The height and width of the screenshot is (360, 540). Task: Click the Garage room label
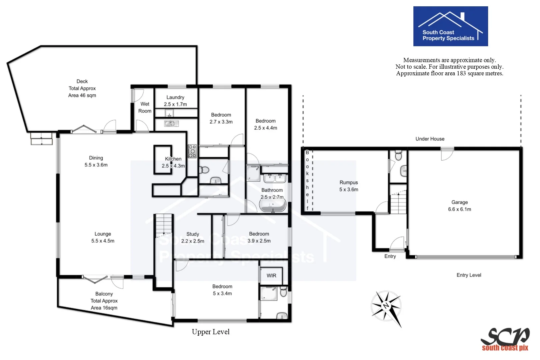coord(459,206)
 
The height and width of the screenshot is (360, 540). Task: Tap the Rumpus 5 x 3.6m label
coord(349,186)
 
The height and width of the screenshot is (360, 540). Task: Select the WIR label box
coord(271,276)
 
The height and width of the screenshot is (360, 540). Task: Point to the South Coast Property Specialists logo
coord(450,26)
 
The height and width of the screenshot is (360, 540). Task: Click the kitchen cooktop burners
coord(192,151)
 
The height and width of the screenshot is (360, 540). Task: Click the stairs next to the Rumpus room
coord(398,203)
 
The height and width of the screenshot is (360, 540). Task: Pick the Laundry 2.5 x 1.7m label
coord(175,101)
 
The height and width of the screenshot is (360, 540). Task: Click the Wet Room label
coord(145,107)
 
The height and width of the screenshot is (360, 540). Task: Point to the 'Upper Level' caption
coord(211,332)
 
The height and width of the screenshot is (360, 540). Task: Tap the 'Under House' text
coord(430,139)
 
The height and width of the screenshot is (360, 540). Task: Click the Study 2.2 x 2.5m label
coord(193,238)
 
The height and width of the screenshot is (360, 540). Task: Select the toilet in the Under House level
coord(398,156)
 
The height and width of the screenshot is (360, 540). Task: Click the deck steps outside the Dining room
coord(42,139)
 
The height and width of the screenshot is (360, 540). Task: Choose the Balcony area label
coord(104,301)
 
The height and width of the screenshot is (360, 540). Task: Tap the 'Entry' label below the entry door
coord(390,256)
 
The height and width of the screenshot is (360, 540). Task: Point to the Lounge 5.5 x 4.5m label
coord(103,237)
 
